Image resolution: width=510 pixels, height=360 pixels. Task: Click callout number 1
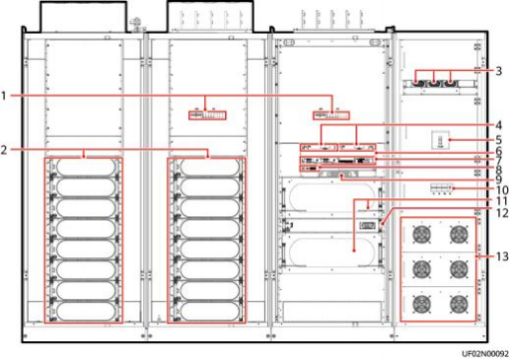click(4, 96)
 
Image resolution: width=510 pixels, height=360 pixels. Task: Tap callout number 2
click(4, 150)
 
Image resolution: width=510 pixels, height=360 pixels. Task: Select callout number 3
click(498, 71)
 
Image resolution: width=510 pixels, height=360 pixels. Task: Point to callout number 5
click(498, 140)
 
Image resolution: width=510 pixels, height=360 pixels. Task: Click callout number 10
click(502, 190)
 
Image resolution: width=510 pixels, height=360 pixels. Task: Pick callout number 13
click(502, 256)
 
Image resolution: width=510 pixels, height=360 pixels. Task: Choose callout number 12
click(502, 213)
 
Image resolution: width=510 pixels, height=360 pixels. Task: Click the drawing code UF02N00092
click(485, 353)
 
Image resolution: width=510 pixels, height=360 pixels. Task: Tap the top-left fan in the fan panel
click(421, 235)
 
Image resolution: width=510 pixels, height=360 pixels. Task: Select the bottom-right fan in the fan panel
click(459, 304)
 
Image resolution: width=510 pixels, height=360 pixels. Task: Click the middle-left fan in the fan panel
click(421, 269)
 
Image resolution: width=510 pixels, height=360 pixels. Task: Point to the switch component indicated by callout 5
click(440, 140)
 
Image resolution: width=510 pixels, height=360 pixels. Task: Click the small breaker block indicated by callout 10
click(442, 187)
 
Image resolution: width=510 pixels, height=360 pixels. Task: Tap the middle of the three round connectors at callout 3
click(434, 84)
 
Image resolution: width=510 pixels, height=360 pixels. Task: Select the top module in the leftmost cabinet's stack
click(84, 168)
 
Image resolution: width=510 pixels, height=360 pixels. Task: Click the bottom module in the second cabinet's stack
click(206, 312)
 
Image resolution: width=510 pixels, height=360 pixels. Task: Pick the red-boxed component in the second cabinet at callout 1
click(207, 115)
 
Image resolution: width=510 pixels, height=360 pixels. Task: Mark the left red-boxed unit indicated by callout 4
click(319, 147)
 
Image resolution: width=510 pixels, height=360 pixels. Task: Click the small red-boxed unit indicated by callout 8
click(310, 169)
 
